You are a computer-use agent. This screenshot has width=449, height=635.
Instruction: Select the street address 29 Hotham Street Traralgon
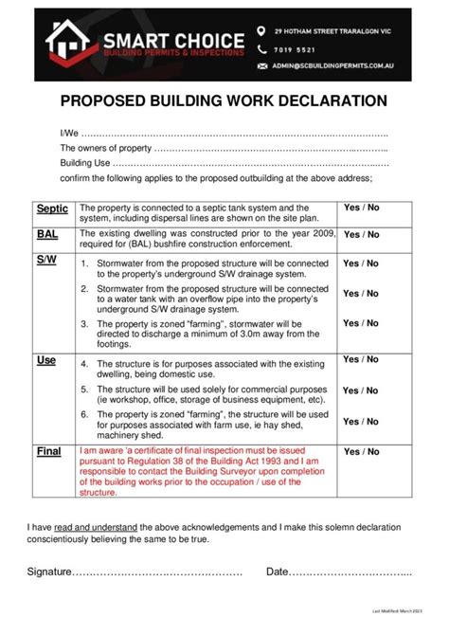(332, 30)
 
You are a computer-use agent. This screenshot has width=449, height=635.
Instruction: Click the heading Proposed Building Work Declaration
(224, 100)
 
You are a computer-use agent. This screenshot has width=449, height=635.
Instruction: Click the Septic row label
(52, 209)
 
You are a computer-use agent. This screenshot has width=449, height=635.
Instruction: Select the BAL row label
(47, 234)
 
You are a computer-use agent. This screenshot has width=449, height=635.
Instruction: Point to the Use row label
(46, 361)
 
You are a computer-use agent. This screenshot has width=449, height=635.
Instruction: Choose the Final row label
(49, 452)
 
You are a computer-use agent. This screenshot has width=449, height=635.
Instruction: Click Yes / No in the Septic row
(361, 208)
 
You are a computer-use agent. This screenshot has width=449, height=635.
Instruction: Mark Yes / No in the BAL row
(361, 234)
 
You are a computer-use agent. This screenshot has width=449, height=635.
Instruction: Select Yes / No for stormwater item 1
(361, 263)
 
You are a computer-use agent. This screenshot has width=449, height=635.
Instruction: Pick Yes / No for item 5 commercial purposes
(361, 390)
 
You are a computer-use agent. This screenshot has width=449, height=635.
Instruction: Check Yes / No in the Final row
(361, 452)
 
